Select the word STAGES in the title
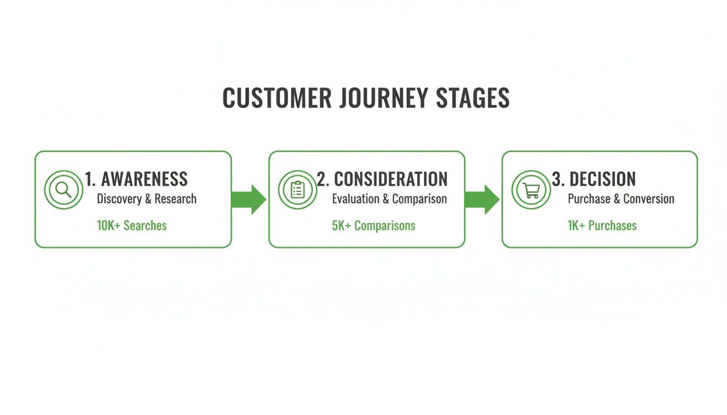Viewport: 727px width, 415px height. [473, 98]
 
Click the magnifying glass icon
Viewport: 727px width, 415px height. [64, 190]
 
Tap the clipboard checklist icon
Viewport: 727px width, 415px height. [298, 190]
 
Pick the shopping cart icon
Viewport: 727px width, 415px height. [531, 190]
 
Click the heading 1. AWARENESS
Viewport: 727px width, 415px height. [136, 179]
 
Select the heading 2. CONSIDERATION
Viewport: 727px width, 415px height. [382, 179]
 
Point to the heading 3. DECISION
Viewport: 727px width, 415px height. [593, 179]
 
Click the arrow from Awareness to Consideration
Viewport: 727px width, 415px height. [249, 199]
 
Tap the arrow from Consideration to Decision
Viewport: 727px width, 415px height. [482, 199]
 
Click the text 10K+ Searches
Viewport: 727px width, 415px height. [131, 225]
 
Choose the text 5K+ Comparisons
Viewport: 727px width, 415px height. [373, 225]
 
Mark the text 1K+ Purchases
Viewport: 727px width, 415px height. [602, 225]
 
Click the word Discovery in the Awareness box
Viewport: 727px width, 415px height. [120, 199]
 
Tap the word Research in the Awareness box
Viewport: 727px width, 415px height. [175, 199]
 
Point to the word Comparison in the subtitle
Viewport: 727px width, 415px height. [419, 199]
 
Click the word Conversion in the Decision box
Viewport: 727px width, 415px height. [648, 199]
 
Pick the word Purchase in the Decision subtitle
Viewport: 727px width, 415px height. [589, 199]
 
